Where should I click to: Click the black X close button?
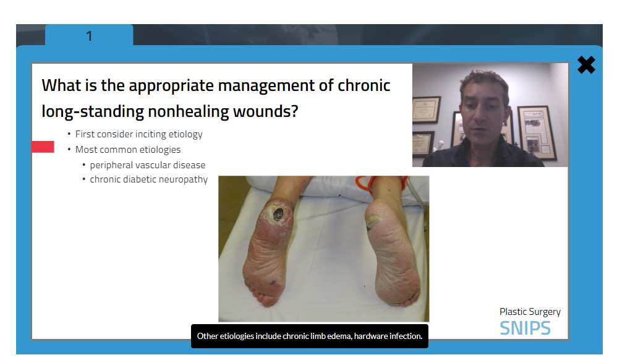pyautogui.click(x=586, y=65)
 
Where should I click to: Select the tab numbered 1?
pyautogui.click(x=89, y=36)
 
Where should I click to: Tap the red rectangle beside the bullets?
pyautogui.click(x=43, y=147)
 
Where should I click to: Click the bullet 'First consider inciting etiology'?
pyautogui.click(x=138, y=134)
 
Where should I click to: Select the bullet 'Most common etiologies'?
pyautogui.click(x=127, y=150)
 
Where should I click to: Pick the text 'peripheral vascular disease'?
pyautogui.click(x=148, y=165)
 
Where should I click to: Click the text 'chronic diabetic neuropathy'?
pyautogui.click(x=148, y=179)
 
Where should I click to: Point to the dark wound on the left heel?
pyautogui.click(x=278, y=215)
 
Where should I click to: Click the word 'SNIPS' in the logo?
pyautogui.click(x=525, y=328)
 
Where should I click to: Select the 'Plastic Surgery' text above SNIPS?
pyautogui.click(x=530, y=312)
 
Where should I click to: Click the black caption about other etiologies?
pyautogui.click(x=310, y=336)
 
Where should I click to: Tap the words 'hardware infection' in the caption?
pyautogui.click(x=388, y=336)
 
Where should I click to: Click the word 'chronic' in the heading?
pyautogui.click(x=364, y=85)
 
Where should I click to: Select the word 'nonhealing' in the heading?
pyautogui.click(x=189, y=111)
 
